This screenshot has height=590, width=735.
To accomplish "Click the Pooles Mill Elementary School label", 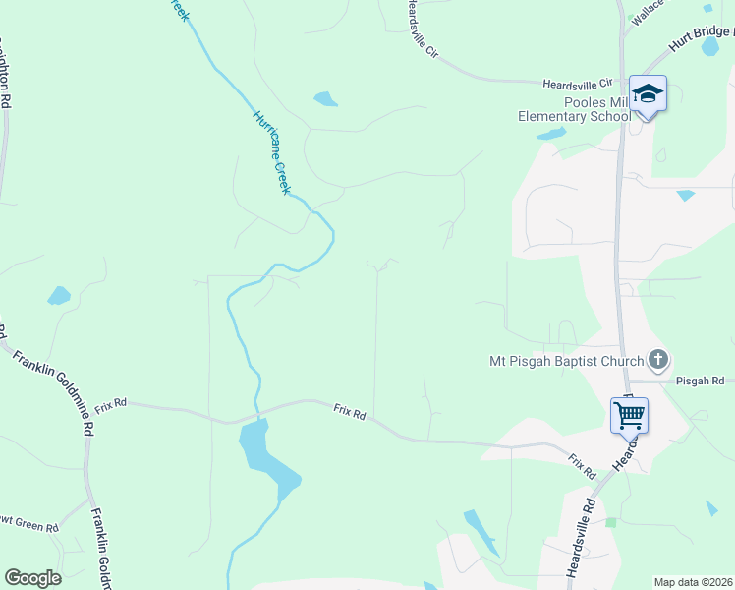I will [x=575, y=109].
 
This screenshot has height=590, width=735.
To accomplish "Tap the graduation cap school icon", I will [x=648, y=94].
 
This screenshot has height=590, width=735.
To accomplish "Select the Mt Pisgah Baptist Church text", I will [x=566, y=361].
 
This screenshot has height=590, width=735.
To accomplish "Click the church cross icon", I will [x=658, y=360].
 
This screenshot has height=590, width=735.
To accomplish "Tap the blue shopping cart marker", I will [x=629, y=414].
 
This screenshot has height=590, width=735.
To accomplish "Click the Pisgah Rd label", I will [x=700, y=381].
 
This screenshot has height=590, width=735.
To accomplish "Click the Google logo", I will [x=32, y=578].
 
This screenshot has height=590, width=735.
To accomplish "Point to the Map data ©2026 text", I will [x=693, y=582].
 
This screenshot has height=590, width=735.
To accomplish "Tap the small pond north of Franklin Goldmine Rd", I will [x=59, y=295].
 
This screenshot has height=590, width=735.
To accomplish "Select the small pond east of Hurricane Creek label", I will [x=324, y=98].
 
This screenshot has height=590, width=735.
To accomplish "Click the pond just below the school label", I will [x=551, y=133].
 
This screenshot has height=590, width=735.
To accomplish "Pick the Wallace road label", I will [x=648, y=11].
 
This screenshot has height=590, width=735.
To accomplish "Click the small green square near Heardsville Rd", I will [x=610, y=522].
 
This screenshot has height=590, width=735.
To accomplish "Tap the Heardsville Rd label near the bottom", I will [x=582, y=536].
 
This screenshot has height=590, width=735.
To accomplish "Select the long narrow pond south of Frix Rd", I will [x=481, y=532].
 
